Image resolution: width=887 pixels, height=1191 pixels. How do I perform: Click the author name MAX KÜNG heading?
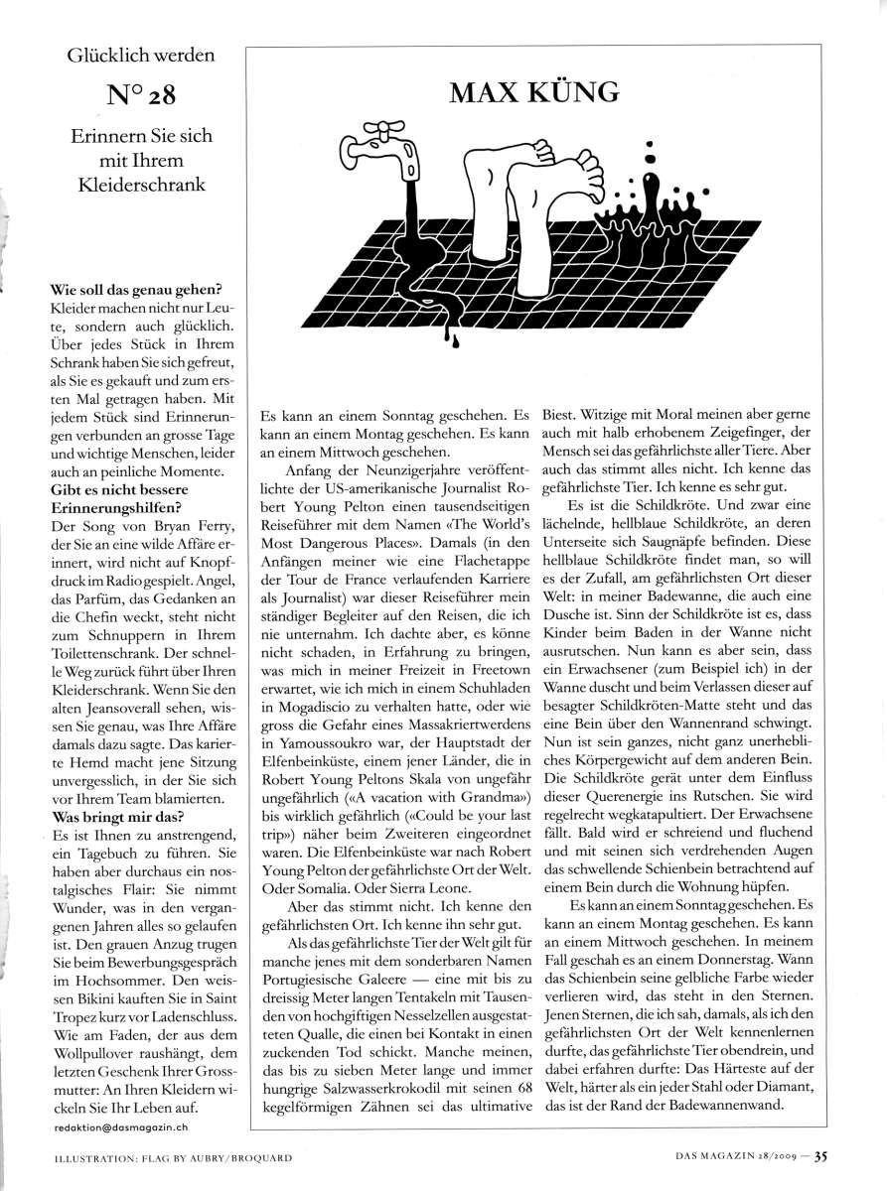tap(534, 92)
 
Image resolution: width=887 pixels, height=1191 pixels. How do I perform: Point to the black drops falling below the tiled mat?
tap(452, 338)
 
